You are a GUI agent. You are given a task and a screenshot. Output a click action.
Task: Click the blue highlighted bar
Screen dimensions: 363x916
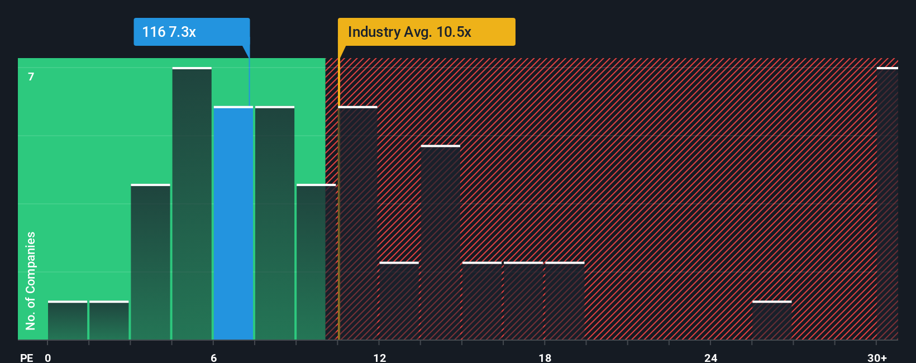tap(233, 223)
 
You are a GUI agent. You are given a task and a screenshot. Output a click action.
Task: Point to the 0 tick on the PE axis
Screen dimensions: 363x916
tap(48, 358)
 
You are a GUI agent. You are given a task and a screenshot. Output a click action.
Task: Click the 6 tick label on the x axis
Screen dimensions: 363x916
tap(213, 358)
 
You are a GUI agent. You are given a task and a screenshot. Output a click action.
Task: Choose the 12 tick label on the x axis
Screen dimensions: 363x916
tap(379, 358)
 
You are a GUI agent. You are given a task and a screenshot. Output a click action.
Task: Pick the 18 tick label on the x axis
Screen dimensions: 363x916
tap(545, 358)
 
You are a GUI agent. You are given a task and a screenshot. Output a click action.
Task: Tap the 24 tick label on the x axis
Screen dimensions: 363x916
tap(710, 358)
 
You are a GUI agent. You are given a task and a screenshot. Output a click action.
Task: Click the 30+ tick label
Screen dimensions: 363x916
tap(877, 358)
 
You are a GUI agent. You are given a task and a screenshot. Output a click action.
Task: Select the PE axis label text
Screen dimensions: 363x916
tap(27, 358)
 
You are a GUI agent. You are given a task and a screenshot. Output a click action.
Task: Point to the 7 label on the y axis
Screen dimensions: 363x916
tap(31, 77)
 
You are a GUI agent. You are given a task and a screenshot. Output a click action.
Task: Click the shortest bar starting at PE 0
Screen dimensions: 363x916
tap(68, 321)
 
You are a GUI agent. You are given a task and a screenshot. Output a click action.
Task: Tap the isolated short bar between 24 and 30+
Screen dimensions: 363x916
tap(772, 321)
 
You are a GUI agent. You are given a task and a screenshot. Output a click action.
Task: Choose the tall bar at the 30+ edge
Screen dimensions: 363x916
tap(887, 204)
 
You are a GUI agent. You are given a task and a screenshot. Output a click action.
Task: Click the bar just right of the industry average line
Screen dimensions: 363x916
tap(358, 223)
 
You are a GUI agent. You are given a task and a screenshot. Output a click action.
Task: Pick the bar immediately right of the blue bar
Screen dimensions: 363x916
tap(275, 223)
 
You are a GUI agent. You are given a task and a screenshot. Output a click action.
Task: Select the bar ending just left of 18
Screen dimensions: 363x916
tap(523, 301)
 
